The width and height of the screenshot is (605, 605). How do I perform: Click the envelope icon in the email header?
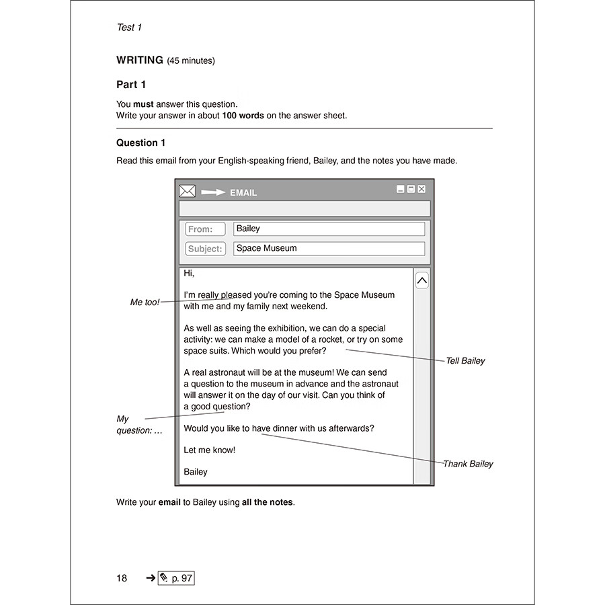point(188,192)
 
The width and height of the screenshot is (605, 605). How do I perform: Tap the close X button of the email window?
point(421,190)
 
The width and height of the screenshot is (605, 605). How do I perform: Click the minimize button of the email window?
point(400,190)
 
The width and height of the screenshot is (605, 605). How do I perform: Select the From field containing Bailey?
point(329,229)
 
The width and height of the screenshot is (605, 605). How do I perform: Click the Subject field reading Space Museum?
point(329,249)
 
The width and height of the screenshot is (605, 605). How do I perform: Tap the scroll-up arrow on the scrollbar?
point(421,280)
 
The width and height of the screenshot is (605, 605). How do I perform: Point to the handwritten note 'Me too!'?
point(145,302)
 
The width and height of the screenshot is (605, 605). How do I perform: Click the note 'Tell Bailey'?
point(465,361)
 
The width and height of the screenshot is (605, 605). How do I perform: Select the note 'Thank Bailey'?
point(468,464)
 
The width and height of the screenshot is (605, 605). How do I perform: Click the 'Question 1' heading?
point(140,143)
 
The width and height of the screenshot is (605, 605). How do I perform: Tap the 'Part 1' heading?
point(131,85)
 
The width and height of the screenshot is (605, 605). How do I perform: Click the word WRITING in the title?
point(140,61)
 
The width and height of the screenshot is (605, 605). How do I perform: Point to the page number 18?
point(121,578)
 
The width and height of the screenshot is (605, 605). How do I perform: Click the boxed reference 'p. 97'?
point(176,578)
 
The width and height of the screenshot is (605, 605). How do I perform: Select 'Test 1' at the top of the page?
point(129,28)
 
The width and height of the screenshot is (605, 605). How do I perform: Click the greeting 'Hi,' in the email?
point(189,274)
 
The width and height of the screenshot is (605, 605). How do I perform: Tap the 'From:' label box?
point(205,229)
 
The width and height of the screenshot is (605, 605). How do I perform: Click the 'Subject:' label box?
point(205,249)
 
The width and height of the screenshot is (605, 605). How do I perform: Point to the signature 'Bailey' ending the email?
point(196,472)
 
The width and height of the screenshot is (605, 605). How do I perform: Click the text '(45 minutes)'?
point(191,61)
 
